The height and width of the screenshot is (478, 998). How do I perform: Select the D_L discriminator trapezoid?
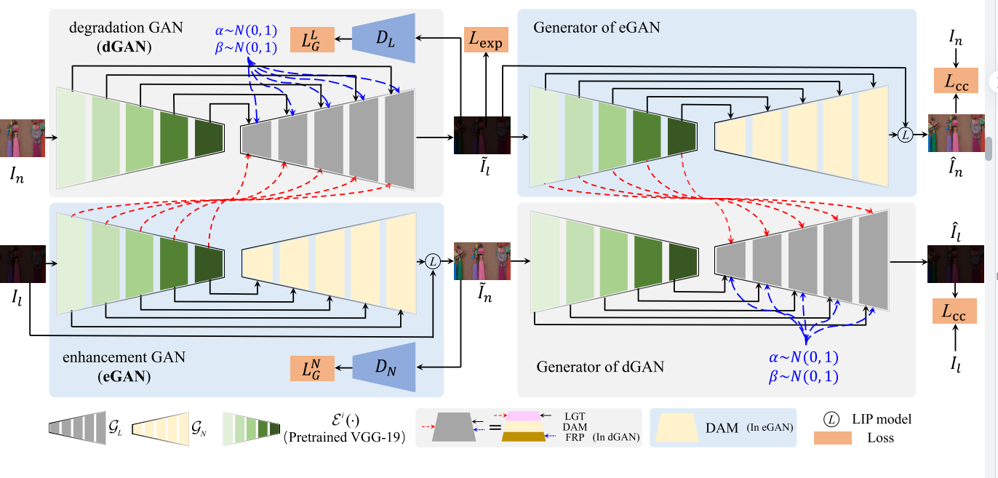pyautogui.click(x=383, y=38)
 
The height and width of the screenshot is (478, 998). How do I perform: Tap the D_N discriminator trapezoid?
pyautogui.click(x=383, y=367)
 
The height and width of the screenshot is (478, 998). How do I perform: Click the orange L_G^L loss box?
pyautogui.click(x=312, y=39)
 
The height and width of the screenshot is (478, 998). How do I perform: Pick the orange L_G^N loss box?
pyautogui.click(x=312, y=369)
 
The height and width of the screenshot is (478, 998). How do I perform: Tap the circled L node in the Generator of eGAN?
pyautogui.click(x=905, y=134)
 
